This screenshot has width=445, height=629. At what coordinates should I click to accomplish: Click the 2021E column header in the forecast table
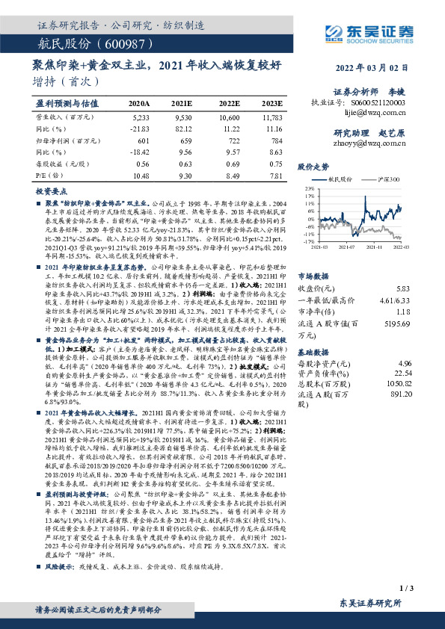coord(182,104)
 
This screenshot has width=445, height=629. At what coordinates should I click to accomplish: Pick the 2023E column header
coord(273,104)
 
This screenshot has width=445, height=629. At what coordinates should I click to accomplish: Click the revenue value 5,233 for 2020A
coord(139,118)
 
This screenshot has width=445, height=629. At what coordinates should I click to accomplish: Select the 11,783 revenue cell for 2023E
coord(272,118)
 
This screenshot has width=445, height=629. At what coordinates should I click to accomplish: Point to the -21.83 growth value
coord(139,128)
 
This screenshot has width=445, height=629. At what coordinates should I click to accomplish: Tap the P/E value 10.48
coord(139,174)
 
